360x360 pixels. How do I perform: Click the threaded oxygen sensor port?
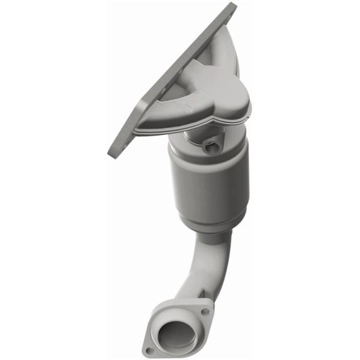(x=211, y=146)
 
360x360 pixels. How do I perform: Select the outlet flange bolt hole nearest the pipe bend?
(x=205, y=312)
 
